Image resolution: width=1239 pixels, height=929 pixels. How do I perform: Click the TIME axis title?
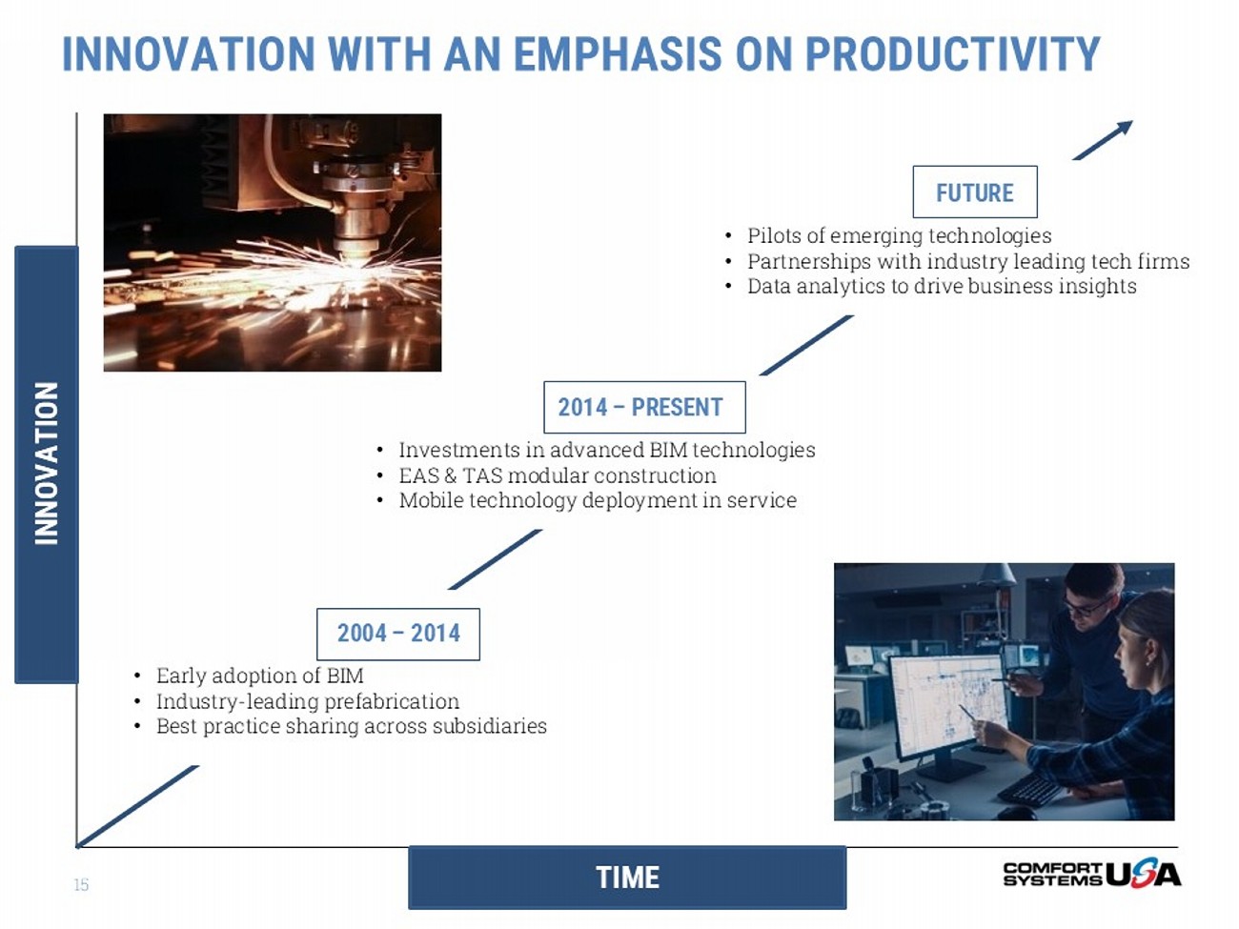pyautogui.click(x=627, y=878)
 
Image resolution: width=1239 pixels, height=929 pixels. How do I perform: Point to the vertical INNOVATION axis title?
pyautogui.click(x=47, y=464)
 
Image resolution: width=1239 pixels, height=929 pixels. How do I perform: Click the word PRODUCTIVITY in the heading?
pyautogui.click(x=952, y=54)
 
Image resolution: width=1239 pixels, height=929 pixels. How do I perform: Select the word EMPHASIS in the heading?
pyautogui.click(x=618, y=54)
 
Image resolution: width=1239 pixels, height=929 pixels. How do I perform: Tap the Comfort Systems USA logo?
pyautogui.click(x=1091, y=875)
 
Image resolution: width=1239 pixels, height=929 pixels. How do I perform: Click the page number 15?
pyautogui.click(x=81, y=884)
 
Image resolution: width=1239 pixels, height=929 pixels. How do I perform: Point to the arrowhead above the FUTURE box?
pyautogui.click(x=1124, y=127)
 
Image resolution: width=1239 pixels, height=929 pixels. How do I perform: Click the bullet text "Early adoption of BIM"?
pyautogui.click(x=259, y=676)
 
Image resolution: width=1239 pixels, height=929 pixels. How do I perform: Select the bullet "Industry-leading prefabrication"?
pyautogui.click(x=308, y=701)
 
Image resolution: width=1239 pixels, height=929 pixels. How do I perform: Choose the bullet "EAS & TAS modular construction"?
pyautogui.click(x=558, y=475)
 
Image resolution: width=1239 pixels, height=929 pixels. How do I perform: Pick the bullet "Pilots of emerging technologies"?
pyautogui.click(x=899, y=235)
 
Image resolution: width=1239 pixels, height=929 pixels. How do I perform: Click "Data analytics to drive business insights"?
pyautogui.click(x=942, y=286)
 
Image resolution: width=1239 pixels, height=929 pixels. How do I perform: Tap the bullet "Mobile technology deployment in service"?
pyautogui.click(x=598, y=500)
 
